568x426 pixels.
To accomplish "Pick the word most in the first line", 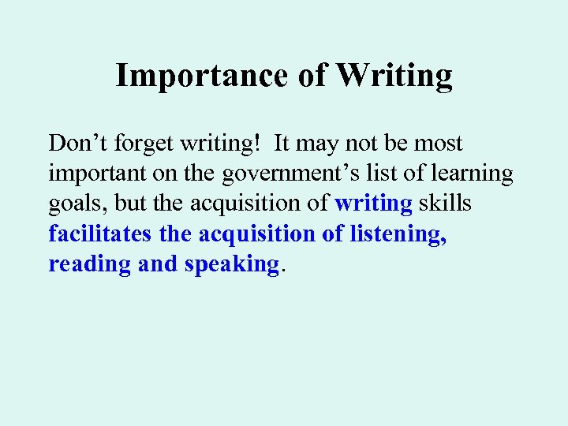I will (x=437, y=144).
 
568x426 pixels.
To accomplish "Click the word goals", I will (x=77, y=204).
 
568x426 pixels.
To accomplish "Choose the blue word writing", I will (x=373, y=204).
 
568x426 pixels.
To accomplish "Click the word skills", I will (x=445, y=204).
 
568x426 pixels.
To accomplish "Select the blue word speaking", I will (x=232, y=263).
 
